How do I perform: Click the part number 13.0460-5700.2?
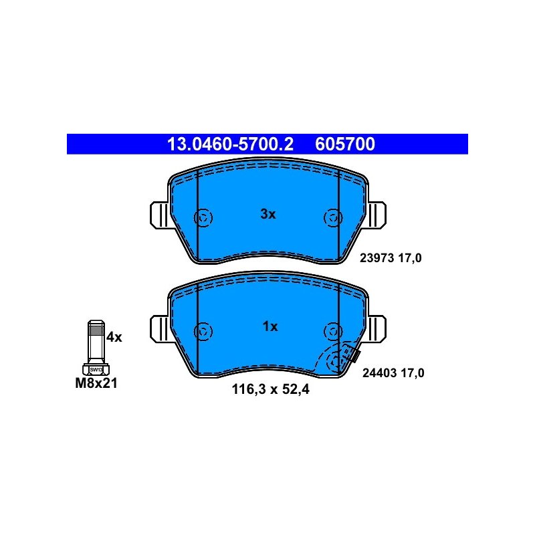[x=230, y=144]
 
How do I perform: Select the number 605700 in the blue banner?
[x=345, y=144]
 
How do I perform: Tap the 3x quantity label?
[x=268, y=214]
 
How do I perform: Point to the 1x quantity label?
[x=270, y=327]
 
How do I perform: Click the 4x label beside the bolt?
[x=114, y=338]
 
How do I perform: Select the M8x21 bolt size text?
[x=96, y=383]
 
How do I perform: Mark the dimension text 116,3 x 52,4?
[x=271, y=389]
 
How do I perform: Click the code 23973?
[x=377, y=258]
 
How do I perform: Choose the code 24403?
[x=380, y=373]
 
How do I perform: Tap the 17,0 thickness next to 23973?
[x=410, y=258]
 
